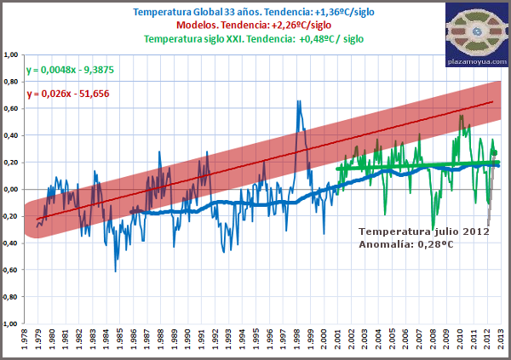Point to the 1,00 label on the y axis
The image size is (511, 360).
12,55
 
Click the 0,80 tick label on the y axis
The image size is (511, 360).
12,83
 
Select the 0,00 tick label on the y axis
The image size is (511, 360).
12,190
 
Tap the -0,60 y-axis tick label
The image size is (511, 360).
11,271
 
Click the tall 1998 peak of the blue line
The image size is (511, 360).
299,101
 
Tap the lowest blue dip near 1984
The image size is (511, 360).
116,271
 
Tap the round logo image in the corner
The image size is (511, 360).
476,30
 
